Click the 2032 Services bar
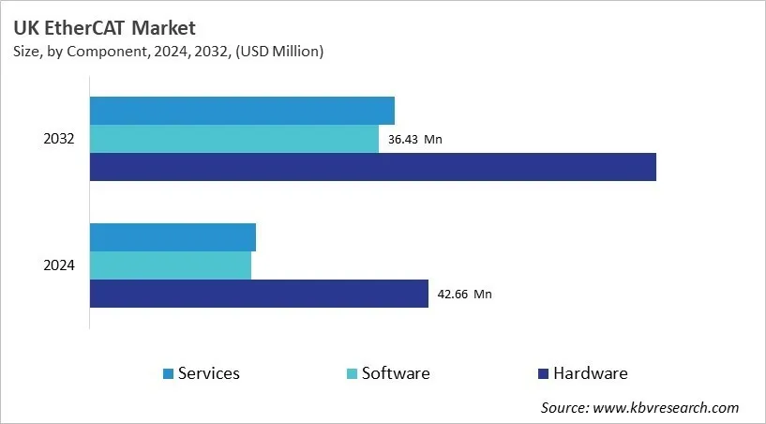(x=242, y=111)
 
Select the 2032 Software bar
(x=234, y=139)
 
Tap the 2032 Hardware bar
(x=372, y=167)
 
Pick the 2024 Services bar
(x=173, y=237)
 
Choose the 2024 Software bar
(x=171, y=265)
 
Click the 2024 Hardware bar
(x=259, y=294)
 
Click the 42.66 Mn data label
(x=464, y=295)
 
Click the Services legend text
(x=209, y=373)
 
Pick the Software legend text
(x=396, y=373)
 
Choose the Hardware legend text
(x=590, y=373)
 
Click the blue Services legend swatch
(x=168, y=374)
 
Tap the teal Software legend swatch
(x=352, y=374)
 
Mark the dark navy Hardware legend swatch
(x=543, y=374)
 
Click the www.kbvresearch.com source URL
(x=667, y=407)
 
